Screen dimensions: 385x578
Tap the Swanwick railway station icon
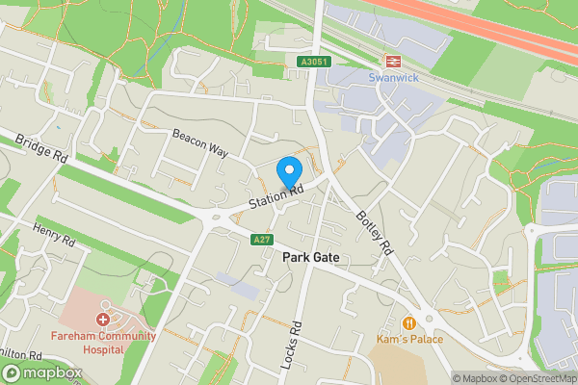click(393, 60)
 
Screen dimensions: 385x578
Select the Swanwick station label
click(393, 77)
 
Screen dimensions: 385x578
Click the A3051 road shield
click(307, 63)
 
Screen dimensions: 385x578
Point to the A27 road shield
click(261, 240)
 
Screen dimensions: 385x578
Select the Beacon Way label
click(199, 145)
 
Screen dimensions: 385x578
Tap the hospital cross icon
click(103, 319)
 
